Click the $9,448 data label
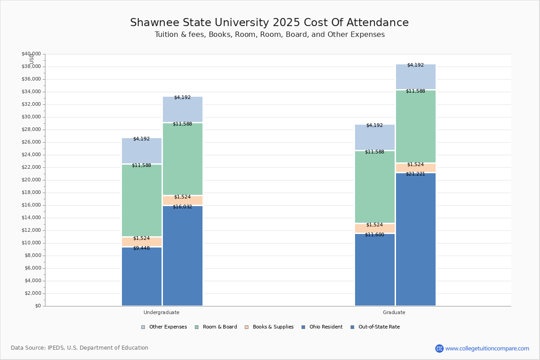pos(141,248)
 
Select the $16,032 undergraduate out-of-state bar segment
pos(183,256)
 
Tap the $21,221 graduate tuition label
pos(415,174)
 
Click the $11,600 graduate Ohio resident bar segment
pos(375,270)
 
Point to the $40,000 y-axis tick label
pos(31,54)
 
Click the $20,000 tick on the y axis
pos(31,180)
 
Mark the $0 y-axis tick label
pos(37,306)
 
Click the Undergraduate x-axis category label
pos(162,312)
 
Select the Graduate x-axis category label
pos(394,312)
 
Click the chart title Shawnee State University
pos(270,22)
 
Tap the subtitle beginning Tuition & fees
pos(270,35)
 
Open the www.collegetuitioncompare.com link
pos(487,348)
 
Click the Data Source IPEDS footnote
pos(80,348)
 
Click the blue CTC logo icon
pos(439,348)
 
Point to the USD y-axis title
pos(31,59)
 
